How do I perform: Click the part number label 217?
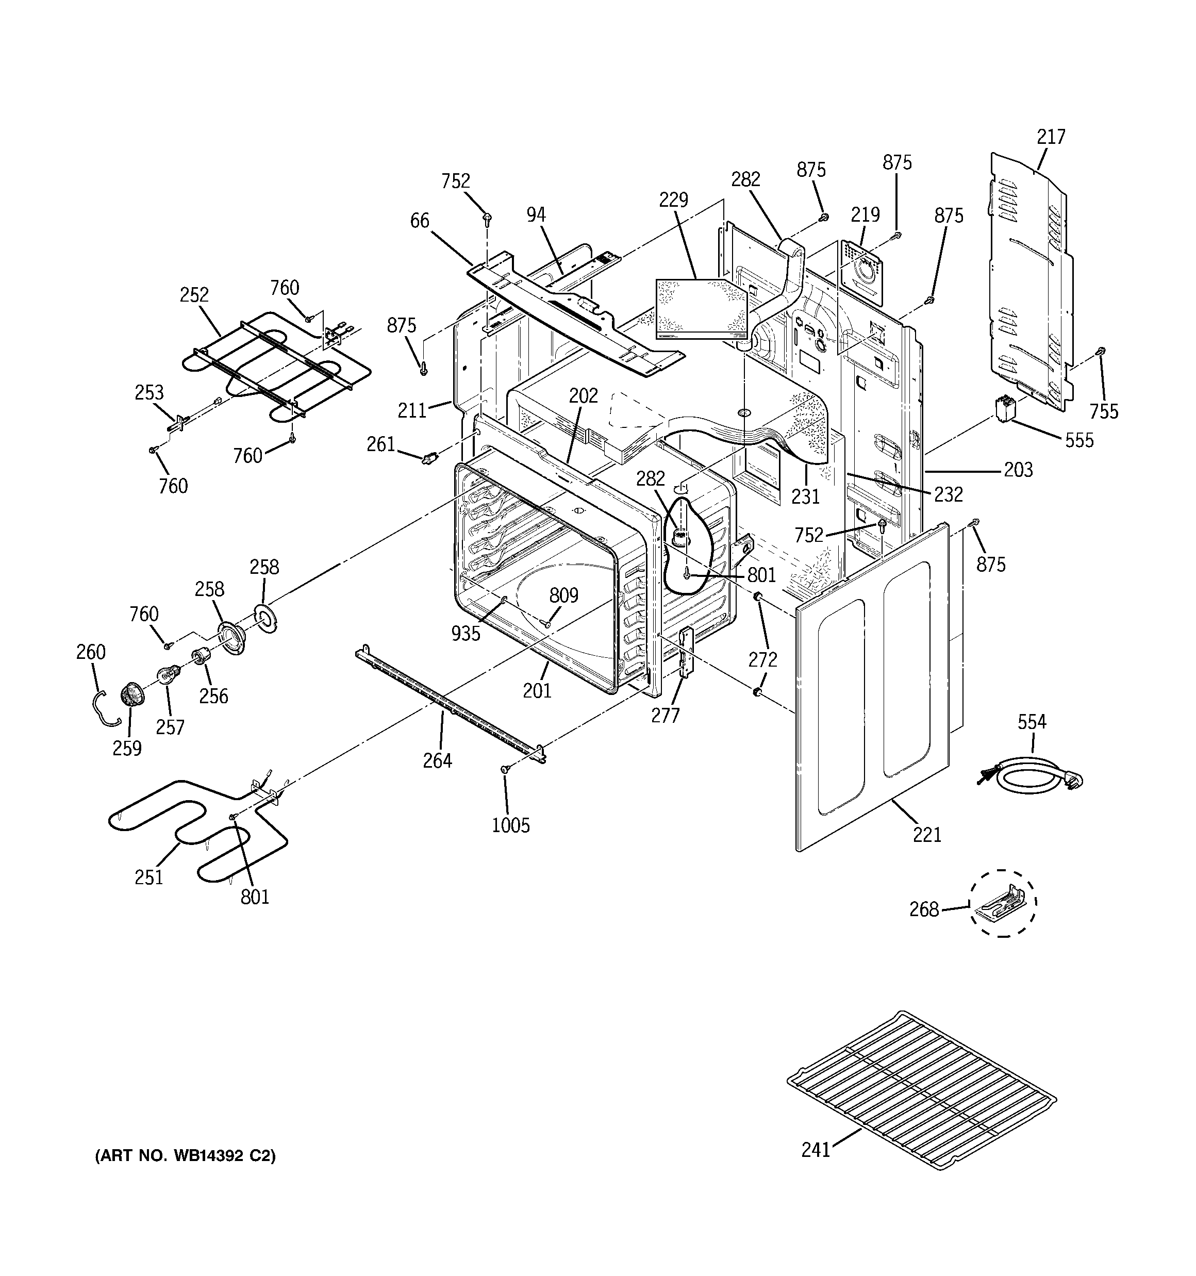(x=1050, y=137)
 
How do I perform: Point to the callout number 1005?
(x=510, y=825)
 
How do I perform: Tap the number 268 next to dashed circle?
(x=924, y=909)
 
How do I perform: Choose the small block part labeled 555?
(x=1005, y=409)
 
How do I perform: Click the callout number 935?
(x=466, y=634)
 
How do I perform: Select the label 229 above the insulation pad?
(x=673, y=200)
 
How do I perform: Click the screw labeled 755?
(x=1100, y=351)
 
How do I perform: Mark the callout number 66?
(x=419, y=221)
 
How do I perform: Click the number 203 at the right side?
(x=1018, y=470)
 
